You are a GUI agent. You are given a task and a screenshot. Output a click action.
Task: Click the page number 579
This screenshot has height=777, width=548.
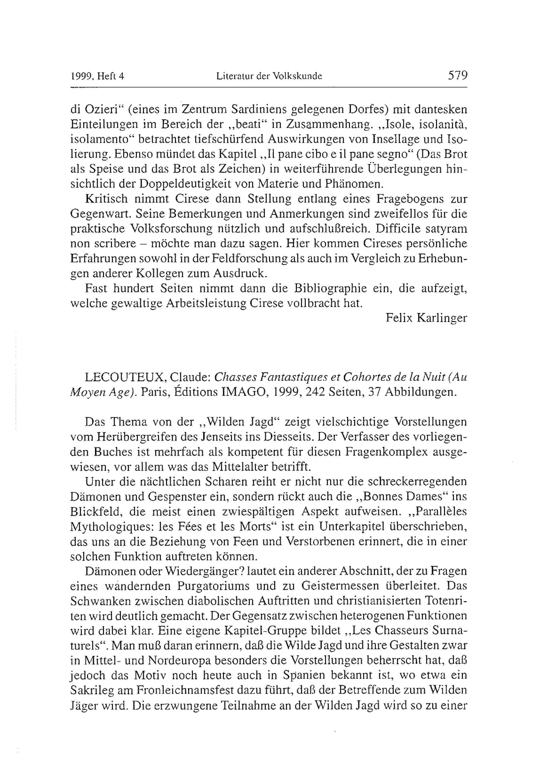tap(458, 75)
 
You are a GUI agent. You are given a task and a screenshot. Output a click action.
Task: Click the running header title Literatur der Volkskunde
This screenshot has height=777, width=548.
tap(269, 76)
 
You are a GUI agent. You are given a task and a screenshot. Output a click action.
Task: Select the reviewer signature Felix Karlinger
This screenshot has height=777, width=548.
tap(426, 318)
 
